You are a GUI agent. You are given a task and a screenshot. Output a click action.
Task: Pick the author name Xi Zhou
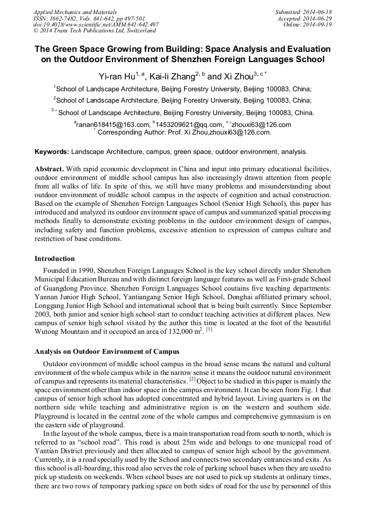click(239, 77)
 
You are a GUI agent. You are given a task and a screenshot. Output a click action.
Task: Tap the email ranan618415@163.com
click(112, 125)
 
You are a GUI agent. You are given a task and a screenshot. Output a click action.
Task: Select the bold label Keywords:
click(52, 152)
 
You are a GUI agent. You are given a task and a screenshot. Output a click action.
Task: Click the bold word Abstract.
click(51, 169)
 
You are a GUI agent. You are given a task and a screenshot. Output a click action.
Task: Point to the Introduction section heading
click(55, 259)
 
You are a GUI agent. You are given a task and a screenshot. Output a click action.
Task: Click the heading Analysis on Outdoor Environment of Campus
click(107, 352)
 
